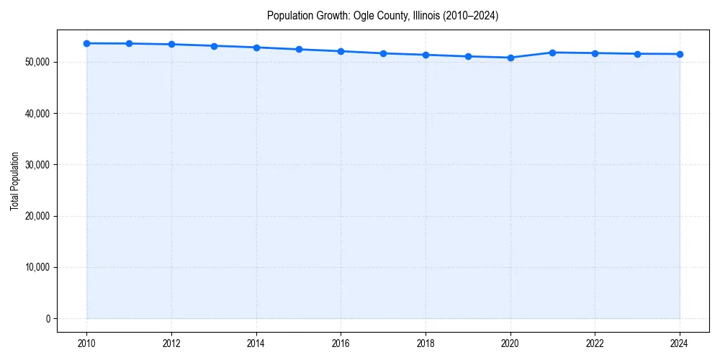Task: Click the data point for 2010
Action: pos(86,43)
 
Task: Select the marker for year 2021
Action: pos(552,53)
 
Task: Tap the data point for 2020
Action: pos(510,58)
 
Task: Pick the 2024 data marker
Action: pos(680,54)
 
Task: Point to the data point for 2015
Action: pos(299,49)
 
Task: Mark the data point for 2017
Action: pos(383,53)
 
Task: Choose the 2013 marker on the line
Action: pos(214,46)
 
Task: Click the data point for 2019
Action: pos(468,56)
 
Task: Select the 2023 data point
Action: pos(637,54)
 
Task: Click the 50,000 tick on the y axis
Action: pos(35,63)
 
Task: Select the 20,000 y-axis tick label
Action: pos(35,216)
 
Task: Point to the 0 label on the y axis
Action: pos(47,319)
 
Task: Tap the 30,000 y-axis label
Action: pos(35,165)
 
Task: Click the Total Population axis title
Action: pos(14,181)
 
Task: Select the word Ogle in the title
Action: pos(364,15)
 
